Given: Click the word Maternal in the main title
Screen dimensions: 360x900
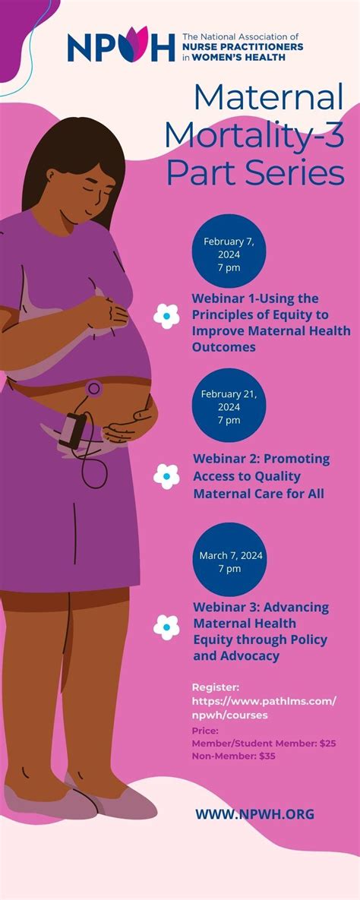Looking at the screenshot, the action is tap(269, 98).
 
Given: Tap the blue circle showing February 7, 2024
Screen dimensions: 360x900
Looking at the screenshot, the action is tap(229, 251).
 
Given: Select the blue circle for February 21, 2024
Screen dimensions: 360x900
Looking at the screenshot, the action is tap(229, 406).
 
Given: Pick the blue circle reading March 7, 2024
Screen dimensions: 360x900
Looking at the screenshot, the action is tap(229, 559).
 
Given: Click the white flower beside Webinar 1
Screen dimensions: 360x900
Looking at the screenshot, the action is tap(166, 316).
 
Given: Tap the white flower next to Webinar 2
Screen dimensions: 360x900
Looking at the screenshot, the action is tap(166, 476).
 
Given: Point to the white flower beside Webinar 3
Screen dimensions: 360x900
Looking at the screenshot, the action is tap(166, 627).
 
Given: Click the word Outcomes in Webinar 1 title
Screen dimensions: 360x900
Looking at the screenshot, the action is tap(224, 347).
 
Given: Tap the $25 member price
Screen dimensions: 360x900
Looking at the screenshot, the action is tap(327, 744).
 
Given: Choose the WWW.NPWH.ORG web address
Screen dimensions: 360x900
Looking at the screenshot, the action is tap(254, 814).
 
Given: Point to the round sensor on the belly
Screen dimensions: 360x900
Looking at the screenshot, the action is tap(93, 389).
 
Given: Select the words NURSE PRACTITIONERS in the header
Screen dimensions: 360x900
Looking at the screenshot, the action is tap(243, 46).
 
